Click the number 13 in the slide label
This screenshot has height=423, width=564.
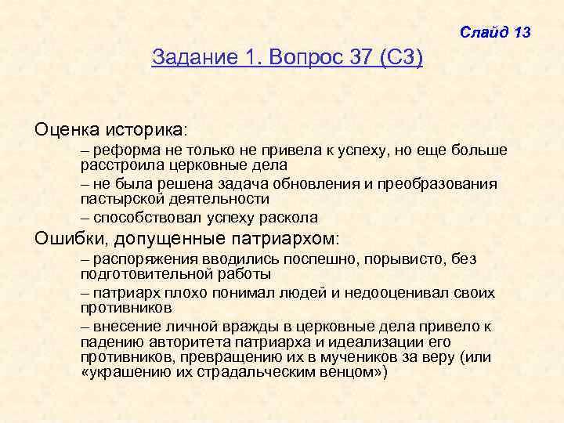pyautogui.click(x=522, y=32)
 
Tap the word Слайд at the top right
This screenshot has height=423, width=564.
pyautogui.click(x=484, y=32)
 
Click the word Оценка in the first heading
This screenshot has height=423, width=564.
pyautogui.click(x=64, y=126)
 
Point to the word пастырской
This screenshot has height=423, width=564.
pyautogui.click(x=118, y=199)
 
